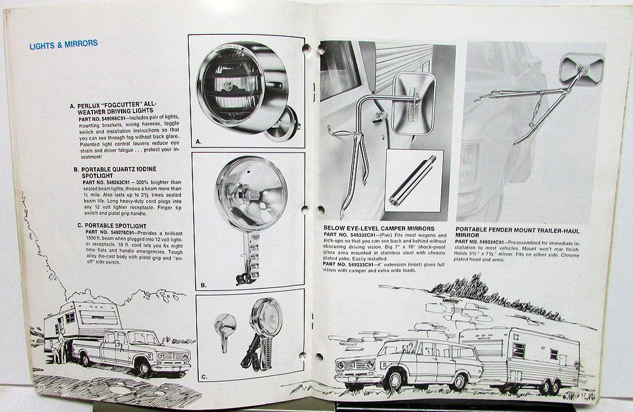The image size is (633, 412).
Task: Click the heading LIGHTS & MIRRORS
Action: pyautogui.click(x=63, y=44)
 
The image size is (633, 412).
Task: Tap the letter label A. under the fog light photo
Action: pyautogui.click(x=199, y=142)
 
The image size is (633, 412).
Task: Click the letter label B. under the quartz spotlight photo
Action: pyautogui.click(x=203, y=285)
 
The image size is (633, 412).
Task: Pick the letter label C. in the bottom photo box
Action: pyautogui.click(x=203, y=377)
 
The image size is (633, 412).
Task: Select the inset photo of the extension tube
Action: pyautogui.click(x=414, y=180)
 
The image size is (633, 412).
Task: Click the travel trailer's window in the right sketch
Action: pyautogui.click(x=518, y=350)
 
